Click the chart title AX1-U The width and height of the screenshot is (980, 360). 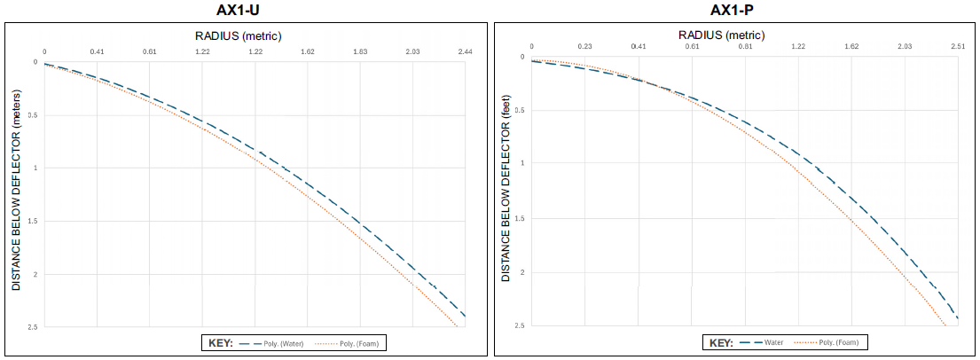click(x=243, y=11)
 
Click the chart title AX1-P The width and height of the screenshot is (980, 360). click(x=733, y=11)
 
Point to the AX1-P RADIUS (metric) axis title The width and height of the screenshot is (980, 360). click(x=733, y=35)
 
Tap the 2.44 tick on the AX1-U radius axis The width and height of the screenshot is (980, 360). click(x=465, y=52)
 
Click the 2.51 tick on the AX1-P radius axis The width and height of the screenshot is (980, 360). click(x=958, y=45)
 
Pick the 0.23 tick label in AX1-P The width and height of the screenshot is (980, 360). click(x=584, y=45)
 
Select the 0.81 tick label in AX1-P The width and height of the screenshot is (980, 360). click(x=745, y=45)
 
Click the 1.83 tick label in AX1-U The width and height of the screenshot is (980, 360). click(x=360, y=52)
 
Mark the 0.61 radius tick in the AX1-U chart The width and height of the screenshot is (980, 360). click(x=149, y=52)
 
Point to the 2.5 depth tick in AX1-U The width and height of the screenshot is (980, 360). click(x=33, y=327)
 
